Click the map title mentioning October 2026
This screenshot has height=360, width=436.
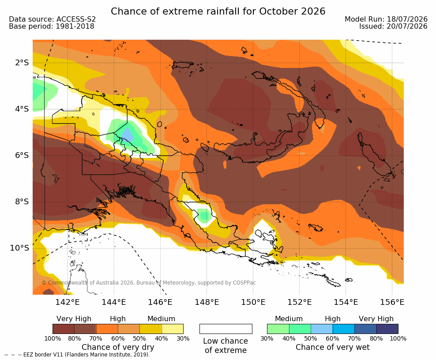pos(218,11)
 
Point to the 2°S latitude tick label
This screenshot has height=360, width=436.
pos(22,63)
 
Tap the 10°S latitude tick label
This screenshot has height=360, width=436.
pos(19,248)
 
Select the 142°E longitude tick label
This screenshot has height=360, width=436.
pos(67,302)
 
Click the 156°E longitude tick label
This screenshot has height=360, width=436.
pos(392,302)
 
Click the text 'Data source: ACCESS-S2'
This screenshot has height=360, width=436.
pos(52,19)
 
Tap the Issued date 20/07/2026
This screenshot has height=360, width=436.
pos(407,26)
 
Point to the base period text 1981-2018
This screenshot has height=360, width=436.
pos(75,26)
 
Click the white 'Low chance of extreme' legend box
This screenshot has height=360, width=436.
pos(226,329)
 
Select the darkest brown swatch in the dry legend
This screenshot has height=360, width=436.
pos(64,329)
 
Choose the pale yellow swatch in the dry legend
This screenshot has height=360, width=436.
pos(173,329)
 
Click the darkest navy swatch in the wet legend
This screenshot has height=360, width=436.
pos(387,329)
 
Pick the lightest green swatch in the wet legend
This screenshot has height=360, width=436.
pos(278,329)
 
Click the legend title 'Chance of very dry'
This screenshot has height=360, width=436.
pos(118,347)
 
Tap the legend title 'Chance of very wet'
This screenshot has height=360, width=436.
pos(333,347)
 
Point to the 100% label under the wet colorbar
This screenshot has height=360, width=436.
pos(398,338)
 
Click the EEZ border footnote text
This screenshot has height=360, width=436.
pos(77,355)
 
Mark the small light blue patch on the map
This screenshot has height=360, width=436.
pos(128,134)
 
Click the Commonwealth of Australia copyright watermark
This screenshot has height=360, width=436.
pos(149,283)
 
